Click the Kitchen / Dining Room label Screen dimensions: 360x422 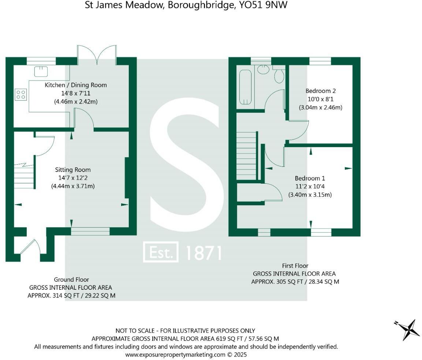[x=76, y=85]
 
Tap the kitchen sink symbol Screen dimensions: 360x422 [x=41, y=71]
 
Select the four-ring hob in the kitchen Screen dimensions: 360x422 [x=21, y=94]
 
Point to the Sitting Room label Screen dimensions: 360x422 [x=73, y=170]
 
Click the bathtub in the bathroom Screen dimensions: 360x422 [x=245, y=87]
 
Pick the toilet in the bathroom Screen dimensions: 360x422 [x=279, y=75]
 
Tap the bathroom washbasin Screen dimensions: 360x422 [x=263, y=69]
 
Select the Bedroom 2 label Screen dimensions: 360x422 [x=321, y=91]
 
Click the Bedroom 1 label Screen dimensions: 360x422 [x=310, y=178]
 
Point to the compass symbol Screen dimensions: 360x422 [x=407, y=329]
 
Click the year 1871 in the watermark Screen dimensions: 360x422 [x=204, y=253]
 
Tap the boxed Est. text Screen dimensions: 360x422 [x=161, y=252]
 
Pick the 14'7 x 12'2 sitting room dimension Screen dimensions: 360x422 [x=73, y=178]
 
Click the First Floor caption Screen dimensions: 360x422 [x=295, y=266]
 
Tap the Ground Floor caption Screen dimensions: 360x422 [x=71, y=280]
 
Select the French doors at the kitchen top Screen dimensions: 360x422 [x=97, y=55]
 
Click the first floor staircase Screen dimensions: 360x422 [x=246, y=156]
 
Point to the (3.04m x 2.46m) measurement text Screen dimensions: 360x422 [x=321, y=108]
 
